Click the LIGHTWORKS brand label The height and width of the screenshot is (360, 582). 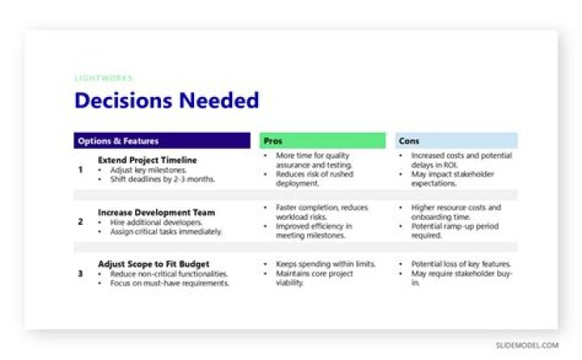click(103, 78)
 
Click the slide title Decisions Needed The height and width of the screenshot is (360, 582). click(167, 101)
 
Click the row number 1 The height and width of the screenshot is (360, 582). click(81, 170)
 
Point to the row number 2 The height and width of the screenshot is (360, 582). click(81, 222)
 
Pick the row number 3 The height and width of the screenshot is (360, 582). click(81, 273)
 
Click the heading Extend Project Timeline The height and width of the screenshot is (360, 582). click(147, 160)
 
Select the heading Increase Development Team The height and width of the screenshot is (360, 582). click(156, 213)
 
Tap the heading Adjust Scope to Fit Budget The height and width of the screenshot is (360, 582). click(154, 264)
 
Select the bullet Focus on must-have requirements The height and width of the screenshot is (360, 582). click(169, 284)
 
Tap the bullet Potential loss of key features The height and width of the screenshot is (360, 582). click(461, 265)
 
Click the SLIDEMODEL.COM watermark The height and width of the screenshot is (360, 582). click(527, 345)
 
